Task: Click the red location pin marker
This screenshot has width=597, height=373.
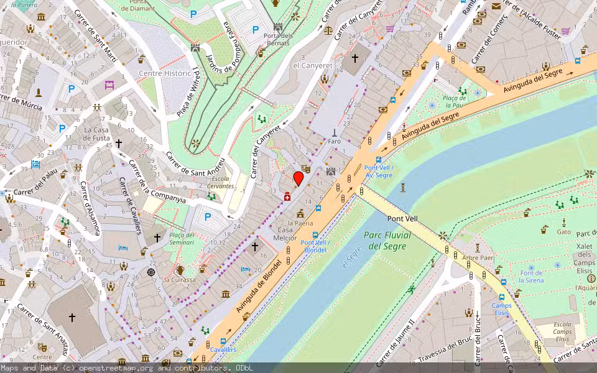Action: click(298, 178)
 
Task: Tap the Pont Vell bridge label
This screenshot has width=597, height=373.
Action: click(402, 219)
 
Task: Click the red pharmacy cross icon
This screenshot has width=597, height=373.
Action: click(287, 197)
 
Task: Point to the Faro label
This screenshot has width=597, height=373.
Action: click(335, 141)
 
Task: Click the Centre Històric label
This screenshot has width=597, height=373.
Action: click(164, 73)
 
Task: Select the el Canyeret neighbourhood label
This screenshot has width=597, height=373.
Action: click(313, 65)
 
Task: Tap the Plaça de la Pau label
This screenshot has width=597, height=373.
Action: click(455, 101)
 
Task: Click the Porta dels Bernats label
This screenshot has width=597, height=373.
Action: click(277, 39)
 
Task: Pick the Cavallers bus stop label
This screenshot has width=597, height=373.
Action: click(223, 350)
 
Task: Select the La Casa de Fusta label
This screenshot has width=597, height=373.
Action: click(96, 134)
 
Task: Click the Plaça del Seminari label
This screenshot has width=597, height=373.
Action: click(182, 239)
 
